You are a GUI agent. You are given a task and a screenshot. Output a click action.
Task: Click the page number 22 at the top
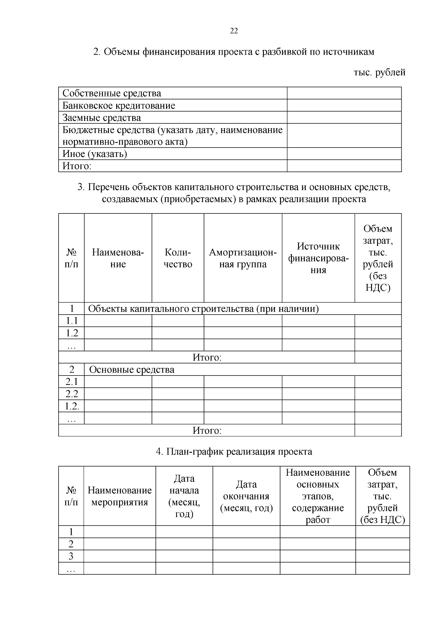click(234, 31)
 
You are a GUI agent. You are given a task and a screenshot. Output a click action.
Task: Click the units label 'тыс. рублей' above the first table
click(379, 72)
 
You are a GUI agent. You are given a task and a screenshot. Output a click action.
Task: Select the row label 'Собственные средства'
click(112, 94)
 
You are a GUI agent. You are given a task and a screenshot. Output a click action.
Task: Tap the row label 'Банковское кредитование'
click(119, 106)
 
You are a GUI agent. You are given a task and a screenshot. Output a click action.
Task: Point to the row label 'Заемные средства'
click(102, 118)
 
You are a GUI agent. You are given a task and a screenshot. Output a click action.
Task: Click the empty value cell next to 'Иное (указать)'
click(344, 154)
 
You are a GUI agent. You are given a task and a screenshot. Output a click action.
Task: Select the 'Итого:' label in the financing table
click(76, 166)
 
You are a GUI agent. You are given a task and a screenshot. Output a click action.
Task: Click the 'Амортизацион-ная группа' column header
click(243, 258)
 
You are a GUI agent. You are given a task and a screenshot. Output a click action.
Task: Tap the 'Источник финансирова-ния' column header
click(318, 258)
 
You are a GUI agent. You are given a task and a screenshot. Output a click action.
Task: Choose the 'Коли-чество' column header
click(178, 258)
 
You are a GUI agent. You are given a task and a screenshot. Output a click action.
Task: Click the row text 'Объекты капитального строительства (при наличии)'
click(204, 309)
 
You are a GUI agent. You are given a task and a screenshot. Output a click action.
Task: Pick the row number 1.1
click(72, 321)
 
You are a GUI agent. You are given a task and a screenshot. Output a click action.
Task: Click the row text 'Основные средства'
click(131, 370)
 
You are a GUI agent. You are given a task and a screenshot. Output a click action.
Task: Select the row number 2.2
click(72, 394)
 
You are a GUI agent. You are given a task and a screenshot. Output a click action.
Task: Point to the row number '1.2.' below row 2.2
click(72, 406)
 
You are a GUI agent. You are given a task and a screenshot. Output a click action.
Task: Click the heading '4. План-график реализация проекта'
click(234, 452)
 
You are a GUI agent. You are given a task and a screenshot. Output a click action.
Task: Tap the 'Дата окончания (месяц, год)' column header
click(246, 496)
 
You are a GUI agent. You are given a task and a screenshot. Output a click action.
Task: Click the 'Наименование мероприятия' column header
click(119, 496)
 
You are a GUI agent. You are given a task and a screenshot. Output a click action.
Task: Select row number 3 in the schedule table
click(71, 556)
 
